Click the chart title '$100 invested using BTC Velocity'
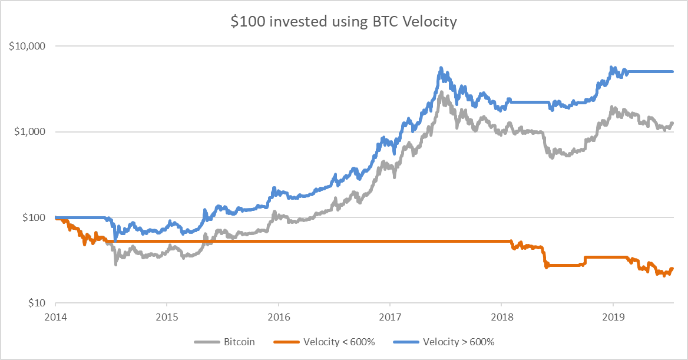[343, 22]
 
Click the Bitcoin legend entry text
[239, 342]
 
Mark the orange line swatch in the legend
[286, 342]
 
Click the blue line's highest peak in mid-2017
[441, 69]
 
